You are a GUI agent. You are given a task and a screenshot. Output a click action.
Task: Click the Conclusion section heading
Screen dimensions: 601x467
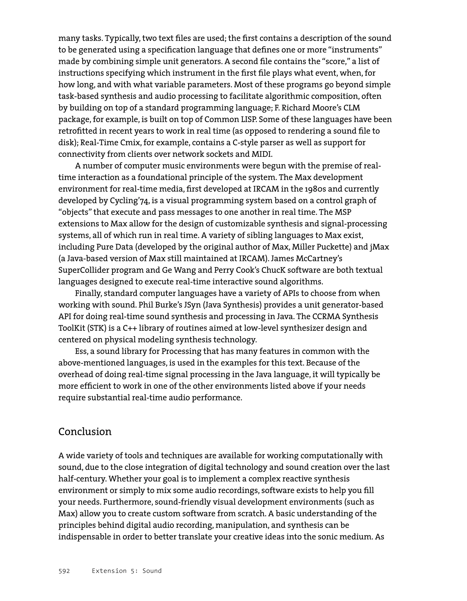[x=85, y=432]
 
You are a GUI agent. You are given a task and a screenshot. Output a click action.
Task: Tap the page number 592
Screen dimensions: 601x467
[x=64, y=571]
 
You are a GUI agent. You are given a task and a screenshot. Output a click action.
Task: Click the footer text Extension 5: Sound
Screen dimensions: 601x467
[x=127, y=571]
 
